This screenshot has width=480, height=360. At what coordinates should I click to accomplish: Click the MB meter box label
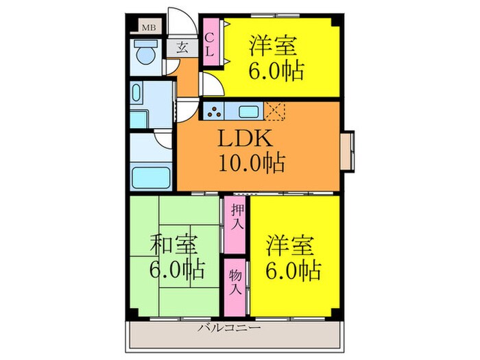[x=147, y=28]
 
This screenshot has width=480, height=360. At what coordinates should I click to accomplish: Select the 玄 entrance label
[x=183, y=48]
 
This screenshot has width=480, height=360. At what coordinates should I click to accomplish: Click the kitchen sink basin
[x=248, y=110]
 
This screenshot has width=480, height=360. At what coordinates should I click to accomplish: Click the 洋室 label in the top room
[x=273, y=47]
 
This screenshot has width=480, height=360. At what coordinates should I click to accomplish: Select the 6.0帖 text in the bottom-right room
[x=293, y=269]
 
